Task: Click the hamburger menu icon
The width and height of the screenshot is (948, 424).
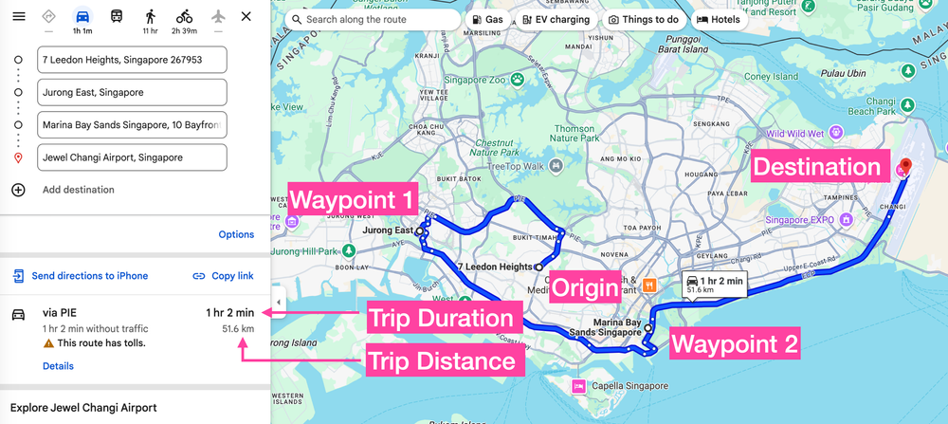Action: coord(17,17)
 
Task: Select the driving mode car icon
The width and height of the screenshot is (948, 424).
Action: coord(82,18)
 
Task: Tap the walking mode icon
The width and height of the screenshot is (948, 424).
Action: coord(150,17)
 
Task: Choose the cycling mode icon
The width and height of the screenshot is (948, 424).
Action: coord(184,17)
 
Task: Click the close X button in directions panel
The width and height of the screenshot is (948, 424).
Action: coord(246,17)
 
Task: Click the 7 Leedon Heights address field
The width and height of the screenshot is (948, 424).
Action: coord(132,61)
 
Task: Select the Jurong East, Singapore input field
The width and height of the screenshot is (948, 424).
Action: coord(132,93)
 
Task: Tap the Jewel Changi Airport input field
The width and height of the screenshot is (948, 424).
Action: coord(132,157)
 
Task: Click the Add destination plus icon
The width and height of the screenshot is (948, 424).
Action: coord(18,190)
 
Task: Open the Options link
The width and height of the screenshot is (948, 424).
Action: coord(236,234)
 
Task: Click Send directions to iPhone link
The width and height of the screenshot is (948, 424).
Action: coord(89,276)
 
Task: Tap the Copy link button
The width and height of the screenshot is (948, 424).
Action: coord(223,276)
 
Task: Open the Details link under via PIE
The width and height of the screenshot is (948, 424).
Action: coord(58,366)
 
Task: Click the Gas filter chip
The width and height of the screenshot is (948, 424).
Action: coord(487,19)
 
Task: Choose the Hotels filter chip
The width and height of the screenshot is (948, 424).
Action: coord(719,19)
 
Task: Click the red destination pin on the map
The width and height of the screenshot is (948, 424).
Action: coord(905,167)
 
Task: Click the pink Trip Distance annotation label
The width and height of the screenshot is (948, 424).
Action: coord(441,360)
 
